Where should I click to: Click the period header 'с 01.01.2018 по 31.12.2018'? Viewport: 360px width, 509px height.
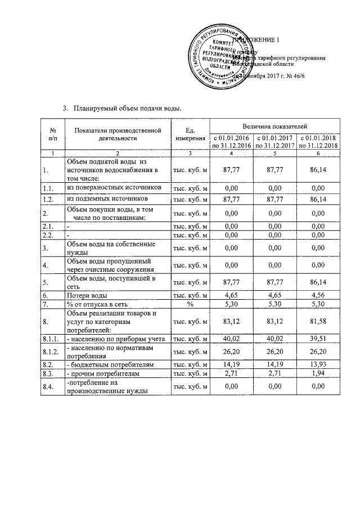pos(318,142)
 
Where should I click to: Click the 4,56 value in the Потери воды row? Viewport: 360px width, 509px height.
pos(318,295)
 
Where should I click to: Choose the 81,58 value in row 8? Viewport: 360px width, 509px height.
pos(318,322)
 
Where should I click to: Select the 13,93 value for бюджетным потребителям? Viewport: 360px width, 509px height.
pos(318,364)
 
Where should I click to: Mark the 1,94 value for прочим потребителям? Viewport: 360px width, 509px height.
pos(318,373)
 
